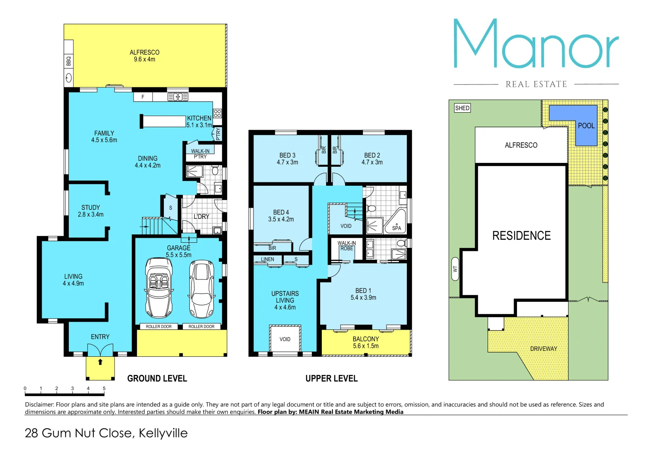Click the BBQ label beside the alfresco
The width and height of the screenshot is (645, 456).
tap(68, 61)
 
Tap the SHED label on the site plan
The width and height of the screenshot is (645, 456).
tap(462, 108)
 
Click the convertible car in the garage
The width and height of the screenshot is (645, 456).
tap(159, 288)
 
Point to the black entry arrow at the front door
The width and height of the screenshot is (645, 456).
tap(100, 362)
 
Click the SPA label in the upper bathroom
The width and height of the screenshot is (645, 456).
tap(396, 228)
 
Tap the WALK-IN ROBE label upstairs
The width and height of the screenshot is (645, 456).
tap(346, 246)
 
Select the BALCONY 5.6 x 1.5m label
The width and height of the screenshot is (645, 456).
tap(366, 342)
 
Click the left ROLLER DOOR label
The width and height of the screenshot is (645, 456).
tap(159, 326)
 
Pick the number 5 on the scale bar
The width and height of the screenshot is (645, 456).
tap(104, 388)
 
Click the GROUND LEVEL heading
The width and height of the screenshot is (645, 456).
tap(157, 378)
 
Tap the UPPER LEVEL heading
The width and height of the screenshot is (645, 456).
tap(332, 378)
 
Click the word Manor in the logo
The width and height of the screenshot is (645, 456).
tap(536, 44)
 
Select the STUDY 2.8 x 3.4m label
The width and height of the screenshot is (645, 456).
tap(90, 211)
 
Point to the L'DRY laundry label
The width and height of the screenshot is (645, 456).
tap(201, 217)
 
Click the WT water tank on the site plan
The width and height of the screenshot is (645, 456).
tap(455, 269)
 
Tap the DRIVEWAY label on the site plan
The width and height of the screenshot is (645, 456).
tap(544, 349)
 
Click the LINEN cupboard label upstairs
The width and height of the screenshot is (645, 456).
tap(267, 259)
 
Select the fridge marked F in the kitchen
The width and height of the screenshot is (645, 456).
tap(143, 97)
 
